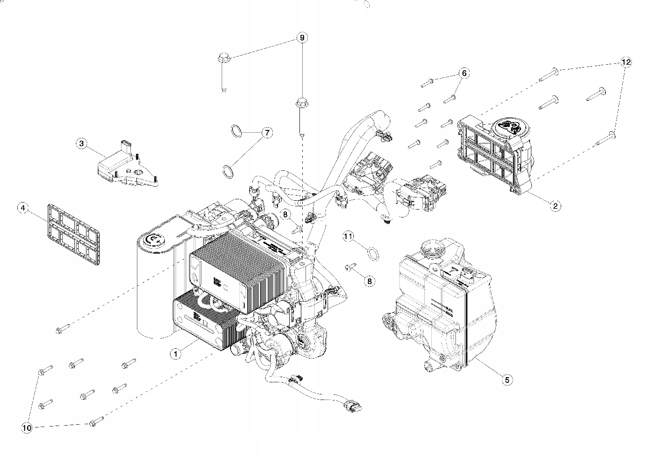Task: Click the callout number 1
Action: coord(175,354)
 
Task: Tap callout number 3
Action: coord(81,143)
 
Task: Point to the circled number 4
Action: coord(22,208)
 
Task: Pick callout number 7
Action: coord(267,133)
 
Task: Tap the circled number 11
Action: coord(360,237)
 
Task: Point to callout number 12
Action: coord(626,62)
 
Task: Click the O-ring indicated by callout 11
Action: coord(373,253)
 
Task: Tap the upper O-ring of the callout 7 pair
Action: coord(237,131)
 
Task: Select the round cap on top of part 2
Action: coord(509,127)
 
